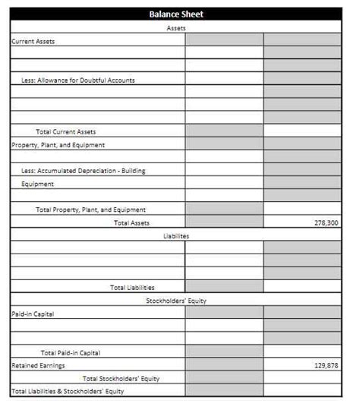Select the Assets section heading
175,28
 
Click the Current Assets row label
33,41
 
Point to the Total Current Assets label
66,132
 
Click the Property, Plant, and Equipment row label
58,144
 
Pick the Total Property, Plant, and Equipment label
90,210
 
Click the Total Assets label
131,222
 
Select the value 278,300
326,223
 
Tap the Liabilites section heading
175,236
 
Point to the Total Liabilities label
132,288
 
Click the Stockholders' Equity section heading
175,301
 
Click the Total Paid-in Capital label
71,352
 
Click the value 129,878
326,365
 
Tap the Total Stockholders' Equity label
122,378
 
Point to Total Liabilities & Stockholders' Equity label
68,392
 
